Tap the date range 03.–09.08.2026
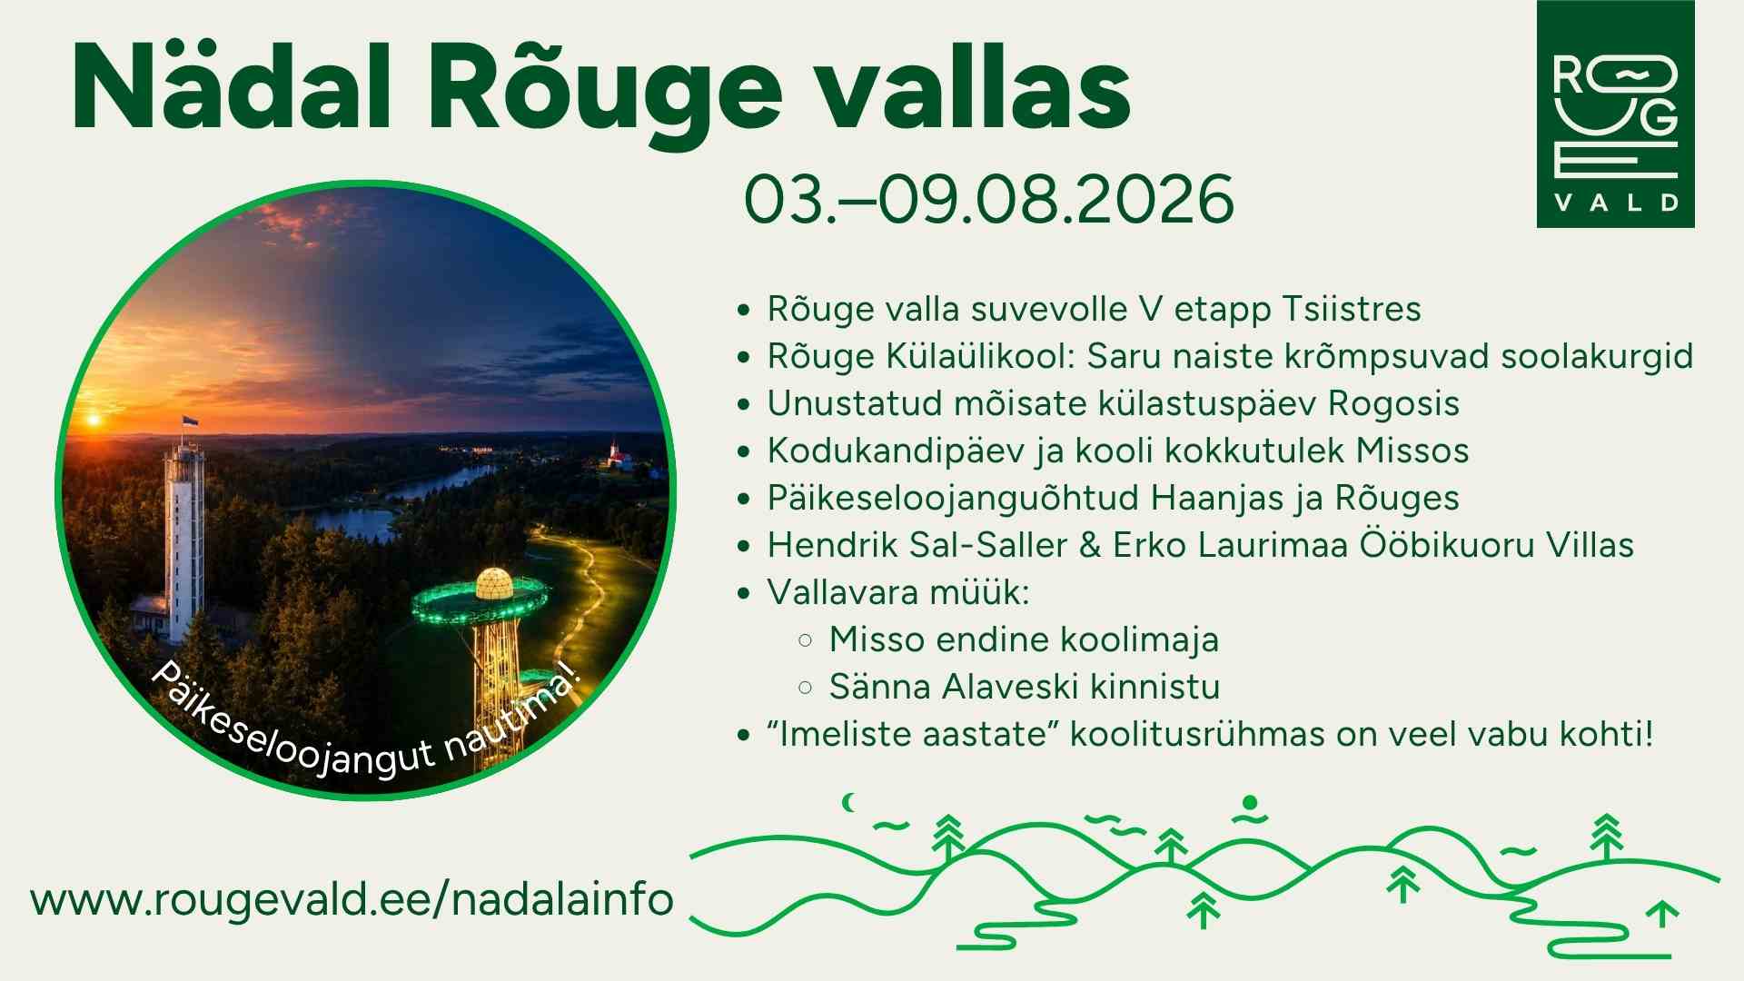click(989, 199)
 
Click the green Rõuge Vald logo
click(1615, 114)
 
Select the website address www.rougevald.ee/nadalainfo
click(352, 899)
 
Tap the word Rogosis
click(1393, 404)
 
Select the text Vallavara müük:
click(898, 592)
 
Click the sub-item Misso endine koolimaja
click(1024, 639)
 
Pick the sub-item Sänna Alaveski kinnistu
click(1024, 687)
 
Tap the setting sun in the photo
click(93, 421)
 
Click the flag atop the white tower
click(190, 422)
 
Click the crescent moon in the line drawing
click(849, 802)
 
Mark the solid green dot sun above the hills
click(1250, 802)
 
